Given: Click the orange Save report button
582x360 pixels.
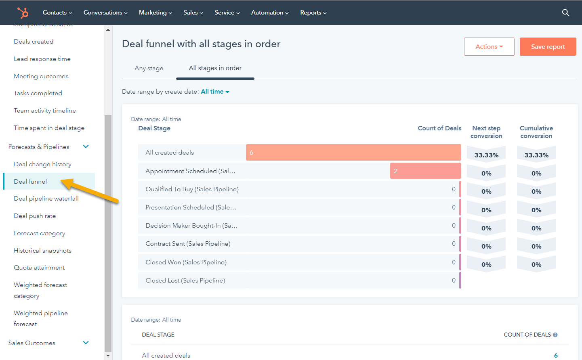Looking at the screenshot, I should pyautogui.click(x=548, y=47).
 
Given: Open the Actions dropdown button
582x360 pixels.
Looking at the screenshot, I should pyautogui.click(x=489, y=47).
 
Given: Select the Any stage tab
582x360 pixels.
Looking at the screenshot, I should pyautogui.click(x=149, y=68).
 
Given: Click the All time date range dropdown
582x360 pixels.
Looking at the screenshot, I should pyautogui.click(x=215, y=92).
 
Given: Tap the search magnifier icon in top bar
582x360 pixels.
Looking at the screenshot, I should pyautogui.click(x=565, y=13).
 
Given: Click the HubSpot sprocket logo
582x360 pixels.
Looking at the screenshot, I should pyautogui.click(x=23, y=13).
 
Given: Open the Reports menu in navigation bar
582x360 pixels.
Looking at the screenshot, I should pyautogui.click(x=313, y=13).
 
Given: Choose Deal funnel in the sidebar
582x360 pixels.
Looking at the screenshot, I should pyautogui.click(x=30, y=182).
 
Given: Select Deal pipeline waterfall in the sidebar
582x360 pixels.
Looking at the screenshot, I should pyautogui.click(x=46, y=199).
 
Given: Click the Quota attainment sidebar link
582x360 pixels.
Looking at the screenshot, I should pyautogui.click(x=39, y=268).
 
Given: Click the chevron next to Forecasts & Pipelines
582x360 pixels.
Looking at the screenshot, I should pyautogui.click(x=86, y=147).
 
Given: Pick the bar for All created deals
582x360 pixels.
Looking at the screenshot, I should pyautogui.click(x=353, y=153).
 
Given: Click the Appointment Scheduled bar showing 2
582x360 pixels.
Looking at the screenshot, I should pyautogui.click(x=425, y=171).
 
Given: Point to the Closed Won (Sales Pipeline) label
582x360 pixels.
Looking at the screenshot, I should pyautogui.click(x=186, y=262).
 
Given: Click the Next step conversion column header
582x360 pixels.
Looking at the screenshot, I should pyautogui.click(x=486, y=132).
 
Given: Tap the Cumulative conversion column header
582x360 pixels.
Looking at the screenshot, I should pyautogui.click(x=536, y=132).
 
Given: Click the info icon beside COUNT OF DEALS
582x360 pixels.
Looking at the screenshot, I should pyautogui.click(x=555, y=335).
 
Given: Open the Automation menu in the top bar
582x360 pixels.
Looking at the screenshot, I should pyautogui.click(x=269, y=13).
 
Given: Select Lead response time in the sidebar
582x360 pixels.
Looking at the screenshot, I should pyautogui.click(x=42, y=59).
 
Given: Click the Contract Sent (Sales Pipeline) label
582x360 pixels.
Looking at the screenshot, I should pyautogui.click(x=188, y=244).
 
